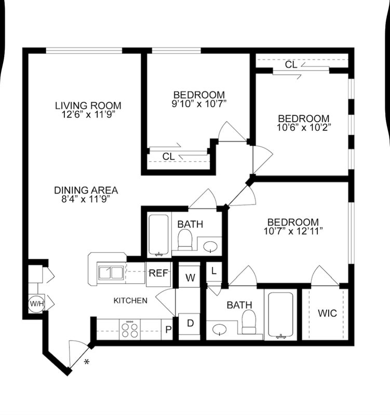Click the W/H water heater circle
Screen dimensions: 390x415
tap(37, 303)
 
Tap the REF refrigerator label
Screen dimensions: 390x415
tap(158, 273)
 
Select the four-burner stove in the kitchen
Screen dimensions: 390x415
tap(130, 329)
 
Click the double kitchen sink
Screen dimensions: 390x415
tap(111, 273)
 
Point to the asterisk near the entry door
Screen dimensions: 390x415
tap(87, 362)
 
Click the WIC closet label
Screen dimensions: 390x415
tap(328, 313)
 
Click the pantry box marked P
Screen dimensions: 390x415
tap(167, 329)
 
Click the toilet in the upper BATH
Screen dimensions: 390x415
tap(185, 240)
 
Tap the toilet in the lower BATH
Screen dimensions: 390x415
tap(249, 322)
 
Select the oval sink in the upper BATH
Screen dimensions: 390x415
tap(210, 247)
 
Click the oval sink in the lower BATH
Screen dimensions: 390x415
tap(220, 330)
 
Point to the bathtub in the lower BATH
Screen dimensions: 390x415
tap(280, 315)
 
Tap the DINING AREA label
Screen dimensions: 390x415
tap(86, 190)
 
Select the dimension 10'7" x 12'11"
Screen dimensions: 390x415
tap(293, 231)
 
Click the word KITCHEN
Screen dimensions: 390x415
tap(130, 301)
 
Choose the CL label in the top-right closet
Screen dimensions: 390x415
tap(291, 64)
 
